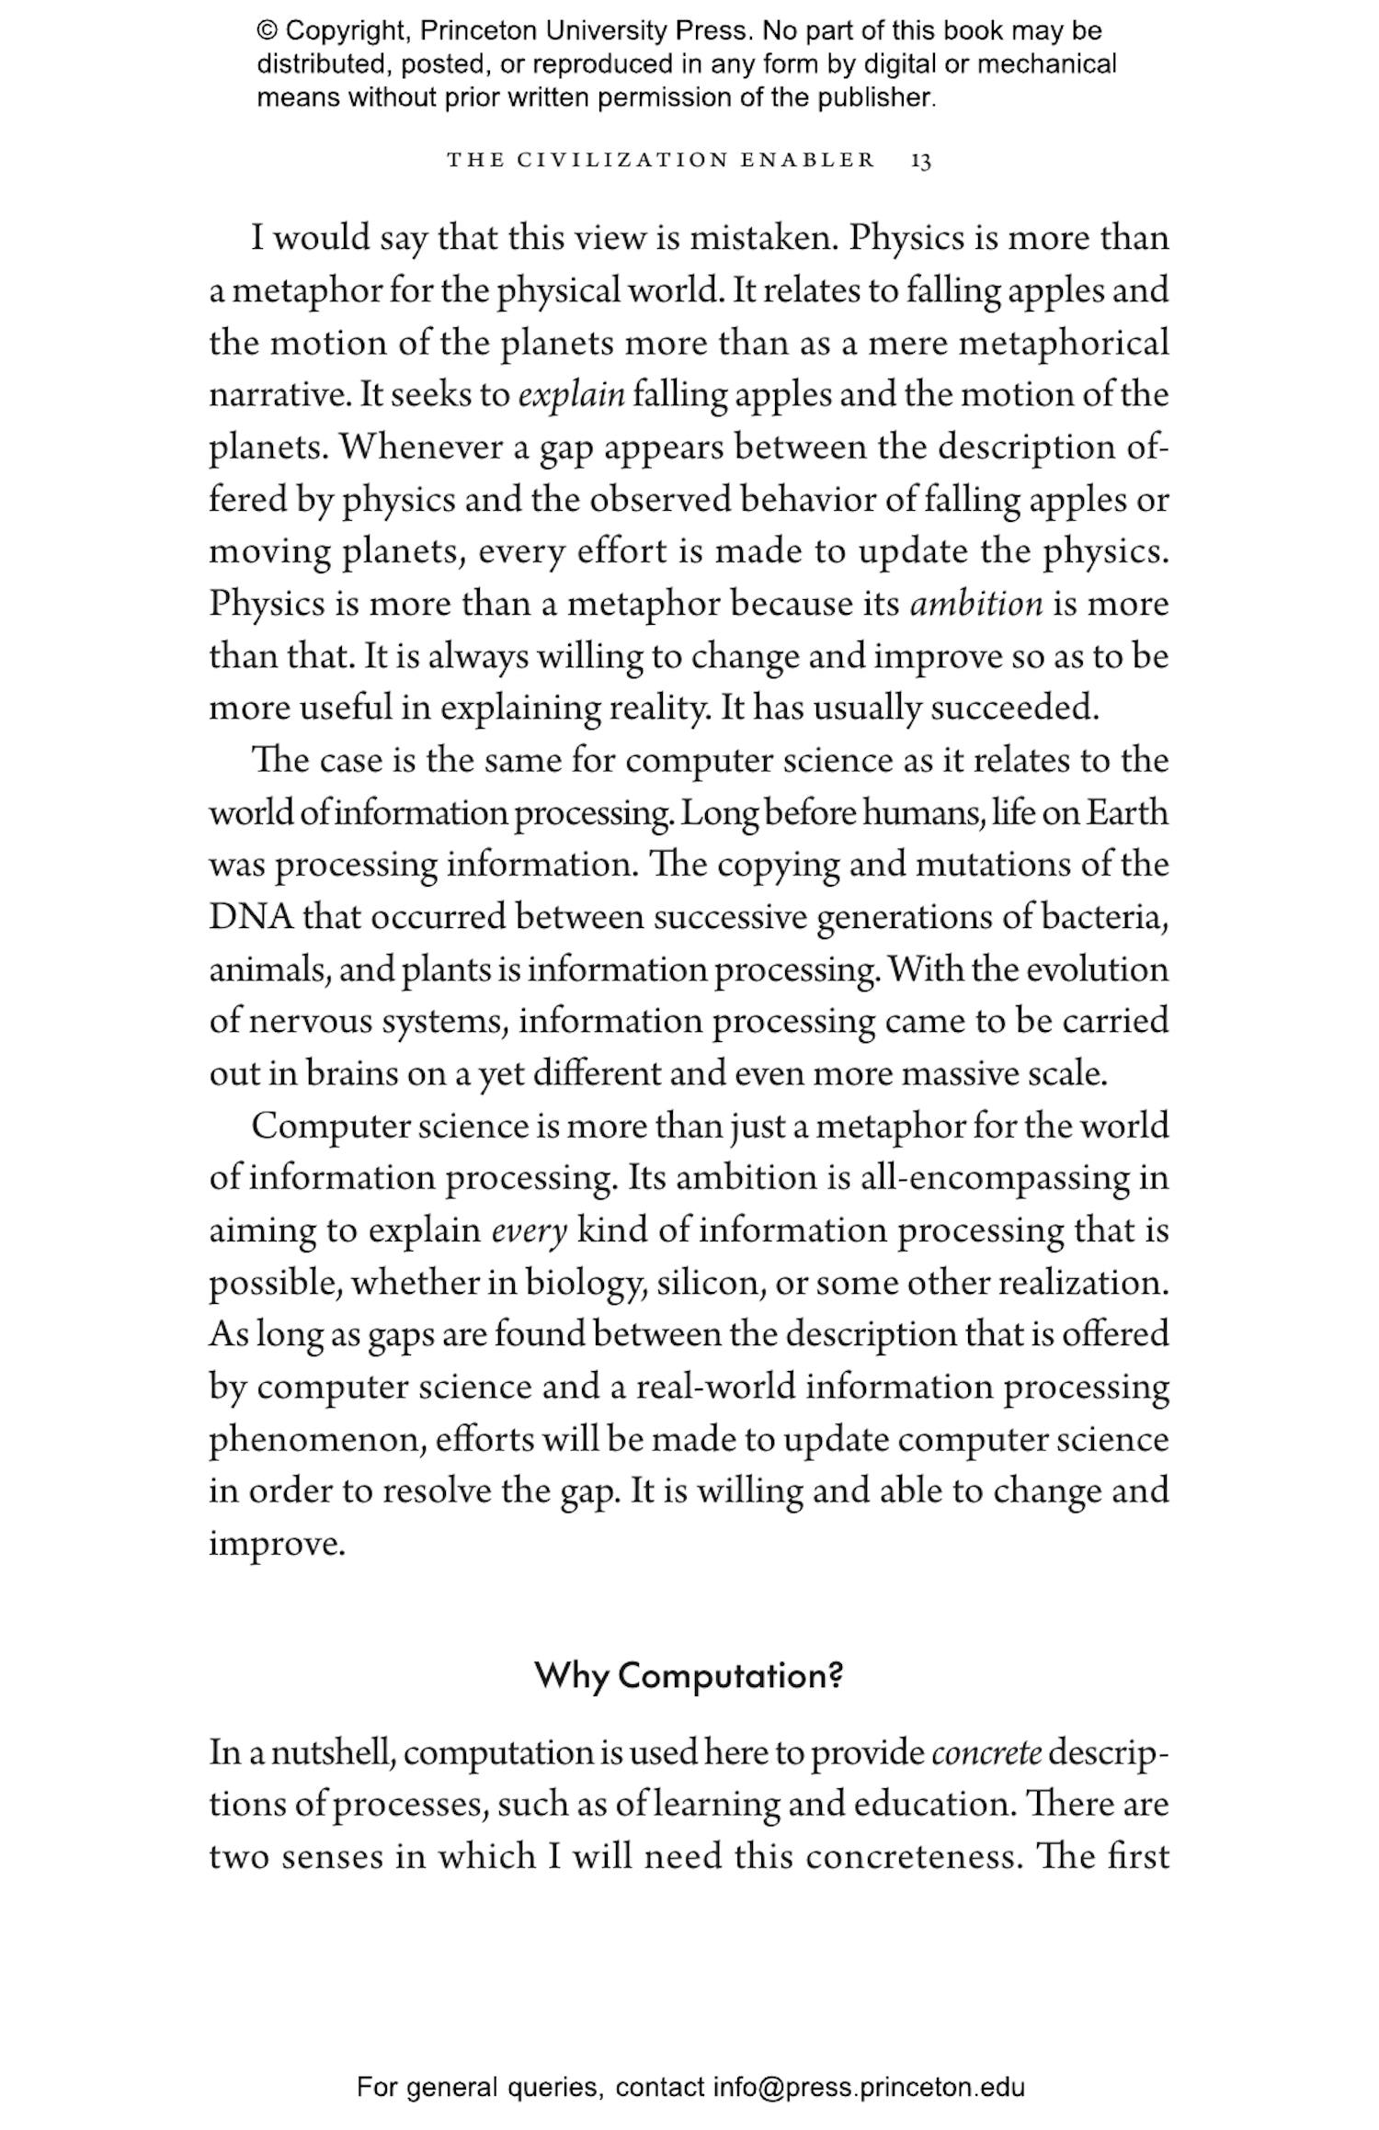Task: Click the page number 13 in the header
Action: pyautogui.click(x=920, y=161)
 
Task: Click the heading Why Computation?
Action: pyautogui.click(x=689, y=1675)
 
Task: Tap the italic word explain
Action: pyautogui.click(x=571, y=395)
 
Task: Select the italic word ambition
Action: pyautogui.click(x=976, y=604)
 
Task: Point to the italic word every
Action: pyautogui.click(x=530, y=1230)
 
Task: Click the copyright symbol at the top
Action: pyautogui.click(x=267, y=31)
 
